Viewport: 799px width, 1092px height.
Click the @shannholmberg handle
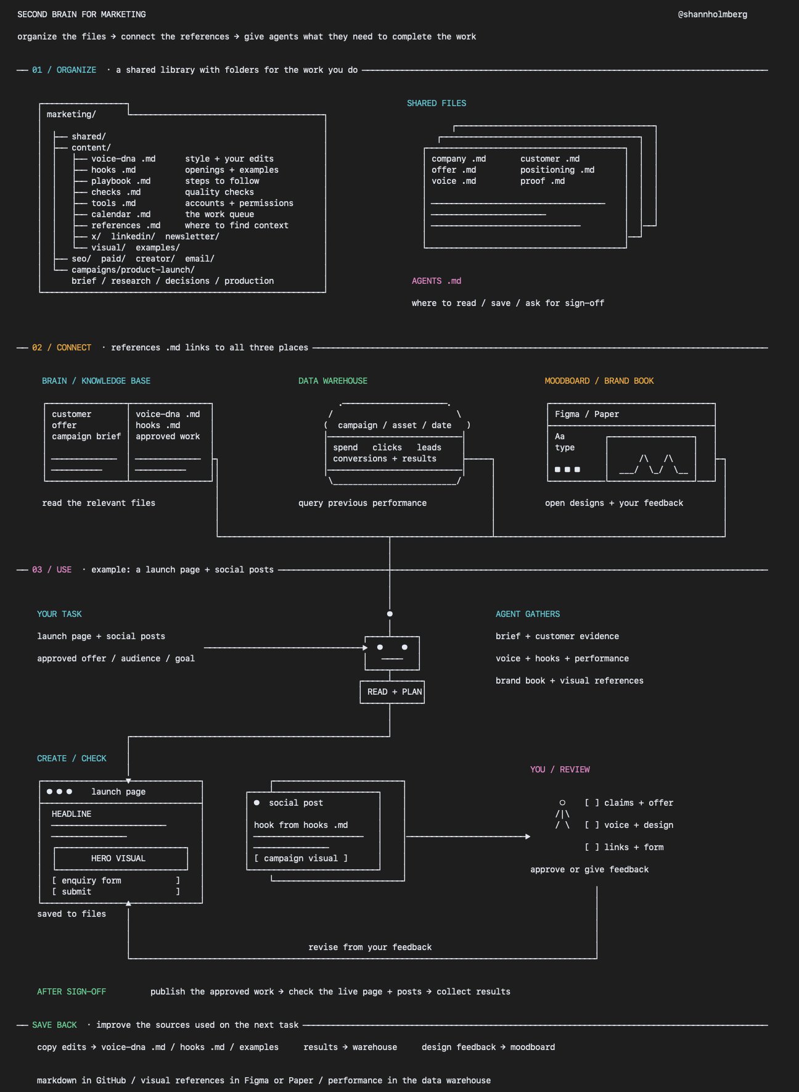pos(713,14)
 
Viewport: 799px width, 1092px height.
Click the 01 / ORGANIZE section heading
pos(64,70)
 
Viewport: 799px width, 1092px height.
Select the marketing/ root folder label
pos(72,114)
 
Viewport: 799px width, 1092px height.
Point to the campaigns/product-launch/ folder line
pos(133,270)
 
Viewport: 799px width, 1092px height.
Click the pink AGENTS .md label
pos(436,281)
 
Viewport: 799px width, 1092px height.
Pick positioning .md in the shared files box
pos(557,170)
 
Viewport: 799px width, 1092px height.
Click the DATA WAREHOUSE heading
pos(333,381)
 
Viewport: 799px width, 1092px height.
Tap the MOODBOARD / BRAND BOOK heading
pos(599,381)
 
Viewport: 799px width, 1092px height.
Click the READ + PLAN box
pos(392,692)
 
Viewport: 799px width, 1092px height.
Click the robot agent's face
pos(392,653)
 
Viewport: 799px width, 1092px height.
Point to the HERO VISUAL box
pos(121,858)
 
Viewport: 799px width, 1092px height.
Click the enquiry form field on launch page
pos(116,880)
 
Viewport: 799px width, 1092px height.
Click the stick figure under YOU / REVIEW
pos(562,814)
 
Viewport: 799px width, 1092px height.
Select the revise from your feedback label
pos(370,947)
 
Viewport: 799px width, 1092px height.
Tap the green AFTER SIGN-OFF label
pos(72,991)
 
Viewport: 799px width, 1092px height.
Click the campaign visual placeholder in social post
pos(301,858)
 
